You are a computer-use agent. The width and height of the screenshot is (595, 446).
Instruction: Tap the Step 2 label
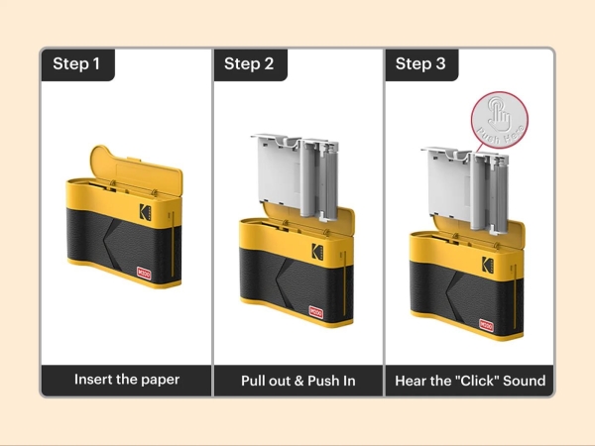249,64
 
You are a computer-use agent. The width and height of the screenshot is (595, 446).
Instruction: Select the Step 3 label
419,64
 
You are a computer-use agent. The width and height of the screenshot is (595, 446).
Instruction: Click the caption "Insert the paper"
126,380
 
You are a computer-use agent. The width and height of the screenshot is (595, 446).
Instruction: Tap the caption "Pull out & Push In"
297,380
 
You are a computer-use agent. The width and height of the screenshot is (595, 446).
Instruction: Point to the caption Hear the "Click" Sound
469,380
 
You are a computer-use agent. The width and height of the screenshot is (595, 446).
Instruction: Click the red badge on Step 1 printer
146,271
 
